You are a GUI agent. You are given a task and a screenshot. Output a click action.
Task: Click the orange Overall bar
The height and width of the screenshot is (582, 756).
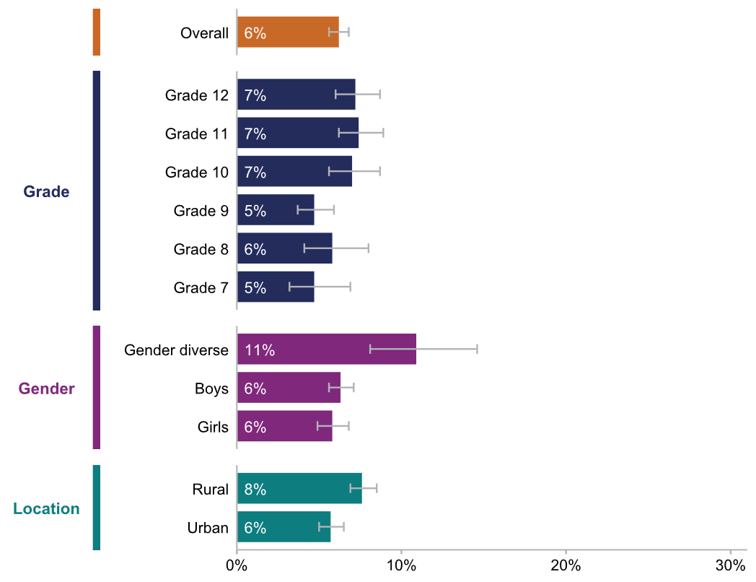(x=288, y=32)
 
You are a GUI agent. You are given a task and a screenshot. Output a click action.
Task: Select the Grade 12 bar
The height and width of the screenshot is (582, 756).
(x=296, y=95)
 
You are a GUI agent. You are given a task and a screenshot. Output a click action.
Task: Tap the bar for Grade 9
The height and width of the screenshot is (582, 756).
(x=276, y=210)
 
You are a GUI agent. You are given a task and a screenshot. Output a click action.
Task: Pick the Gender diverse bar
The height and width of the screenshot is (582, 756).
(x=326, y=349)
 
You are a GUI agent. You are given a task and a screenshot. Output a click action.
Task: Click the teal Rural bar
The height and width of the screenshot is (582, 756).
(x=299, y=489)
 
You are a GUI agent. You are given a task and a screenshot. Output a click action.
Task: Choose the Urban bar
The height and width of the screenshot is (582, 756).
(x=283, y=527)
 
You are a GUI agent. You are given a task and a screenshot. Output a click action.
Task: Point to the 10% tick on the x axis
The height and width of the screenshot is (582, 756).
(x=401, y=564)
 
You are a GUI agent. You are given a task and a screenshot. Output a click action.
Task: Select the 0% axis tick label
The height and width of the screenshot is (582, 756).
(x=237, y=564)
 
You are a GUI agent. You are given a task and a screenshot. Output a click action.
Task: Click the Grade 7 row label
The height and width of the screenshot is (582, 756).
(x=201, y=288)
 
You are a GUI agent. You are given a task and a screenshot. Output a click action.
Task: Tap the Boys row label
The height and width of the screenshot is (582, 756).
(x=211, y=388)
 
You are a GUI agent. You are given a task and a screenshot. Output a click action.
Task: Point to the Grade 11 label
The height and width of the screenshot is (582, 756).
(x=196, y=134)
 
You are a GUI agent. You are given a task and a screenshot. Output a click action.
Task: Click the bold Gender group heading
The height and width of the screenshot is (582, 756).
(x=47, y=388)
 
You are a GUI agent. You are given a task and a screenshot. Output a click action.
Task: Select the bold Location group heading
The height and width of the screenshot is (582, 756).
(x=47, y=508)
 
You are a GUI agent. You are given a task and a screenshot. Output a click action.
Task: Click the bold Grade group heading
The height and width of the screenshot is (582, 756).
(x=47, y=191)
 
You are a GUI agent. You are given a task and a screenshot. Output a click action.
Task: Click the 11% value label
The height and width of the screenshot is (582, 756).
(x=259, y=350)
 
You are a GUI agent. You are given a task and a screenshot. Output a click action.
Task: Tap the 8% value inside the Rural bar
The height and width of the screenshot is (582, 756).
(x=255, y=490)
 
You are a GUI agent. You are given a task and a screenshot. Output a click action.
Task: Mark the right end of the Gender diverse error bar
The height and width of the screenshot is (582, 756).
(x=477, y=349)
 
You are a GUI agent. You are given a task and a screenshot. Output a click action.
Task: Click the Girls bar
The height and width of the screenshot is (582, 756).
(x=284, y=426)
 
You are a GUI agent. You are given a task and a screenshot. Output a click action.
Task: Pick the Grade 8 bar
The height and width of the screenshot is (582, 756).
(x=284, y=249)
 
